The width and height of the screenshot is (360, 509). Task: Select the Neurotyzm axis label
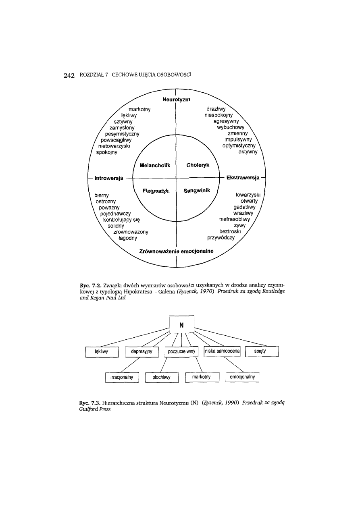point(176,99)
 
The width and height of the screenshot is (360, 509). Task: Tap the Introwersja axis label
point(108,177)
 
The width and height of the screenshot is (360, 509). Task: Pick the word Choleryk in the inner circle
point(198,165)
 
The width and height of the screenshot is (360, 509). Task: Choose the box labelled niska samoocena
point(222,352)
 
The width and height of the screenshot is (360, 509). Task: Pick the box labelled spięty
point(262,352)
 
